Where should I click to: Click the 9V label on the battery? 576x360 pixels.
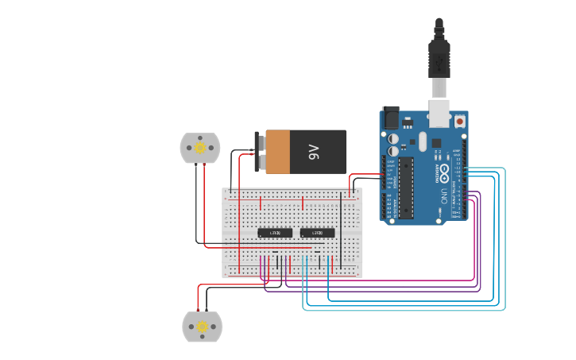(x=314, y=152)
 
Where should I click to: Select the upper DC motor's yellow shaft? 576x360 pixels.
(x=200, y=148)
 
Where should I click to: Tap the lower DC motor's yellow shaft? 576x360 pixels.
(x=202, y=327)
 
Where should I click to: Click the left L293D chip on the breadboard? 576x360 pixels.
(x=275, y=233)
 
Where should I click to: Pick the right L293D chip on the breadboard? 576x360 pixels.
(x=318, y=233)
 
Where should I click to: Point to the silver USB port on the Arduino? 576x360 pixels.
(x=439, y=113)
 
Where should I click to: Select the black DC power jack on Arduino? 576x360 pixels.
(x=391, y=118)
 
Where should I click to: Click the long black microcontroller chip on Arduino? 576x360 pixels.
(x=406, y=188)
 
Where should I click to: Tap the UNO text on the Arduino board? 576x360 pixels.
(x=443, y=195)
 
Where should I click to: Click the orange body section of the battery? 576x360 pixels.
(x=278, y=152)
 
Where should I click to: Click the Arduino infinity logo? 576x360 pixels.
(x=443, y=172)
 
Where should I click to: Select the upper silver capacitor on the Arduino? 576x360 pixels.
(x=393, y=138)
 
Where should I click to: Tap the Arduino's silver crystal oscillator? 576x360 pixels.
(x=423, y=141)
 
